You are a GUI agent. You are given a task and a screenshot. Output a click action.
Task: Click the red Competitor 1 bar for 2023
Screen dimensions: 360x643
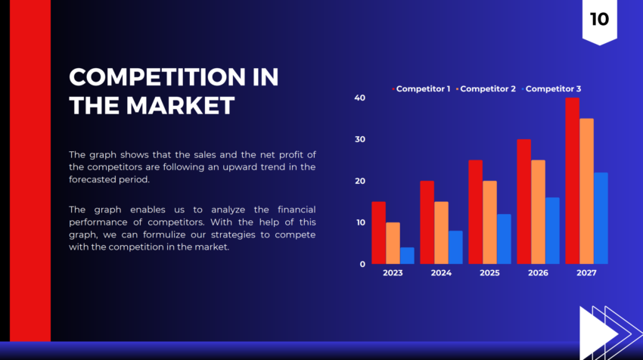[378, 233]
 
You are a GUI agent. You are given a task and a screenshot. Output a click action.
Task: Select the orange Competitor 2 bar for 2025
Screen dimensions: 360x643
[489, 222]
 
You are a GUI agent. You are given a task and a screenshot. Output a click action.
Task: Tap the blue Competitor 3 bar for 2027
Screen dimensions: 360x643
[601, 218]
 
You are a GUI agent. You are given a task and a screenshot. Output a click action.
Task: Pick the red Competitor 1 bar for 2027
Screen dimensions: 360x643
[572, 181]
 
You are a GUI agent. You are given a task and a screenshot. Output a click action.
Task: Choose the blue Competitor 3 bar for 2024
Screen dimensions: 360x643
[455, 247]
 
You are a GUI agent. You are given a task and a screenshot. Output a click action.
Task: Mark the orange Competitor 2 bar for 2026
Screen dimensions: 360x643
[538, 212]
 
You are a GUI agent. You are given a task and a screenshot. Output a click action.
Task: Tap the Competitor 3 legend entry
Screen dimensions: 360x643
[553, 89]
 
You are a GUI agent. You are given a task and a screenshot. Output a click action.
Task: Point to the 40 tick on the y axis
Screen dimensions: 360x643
[359, 98]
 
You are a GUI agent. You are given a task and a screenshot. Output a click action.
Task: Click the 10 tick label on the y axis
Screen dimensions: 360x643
[359, 222]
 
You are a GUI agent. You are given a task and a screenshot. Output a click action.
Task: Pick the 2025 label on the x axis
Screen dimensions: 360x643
[489, 273]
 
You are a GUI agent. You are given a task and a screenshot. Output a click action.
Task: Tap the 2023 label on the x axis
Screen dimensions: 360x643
[393, 273]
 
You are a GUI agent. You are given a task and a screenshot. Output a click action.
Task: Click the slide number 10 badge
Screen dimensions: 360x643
[598, 20]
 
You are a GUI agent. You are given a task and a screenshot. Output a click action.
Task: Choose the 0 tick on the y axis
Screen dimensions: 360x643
[362, 264]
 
